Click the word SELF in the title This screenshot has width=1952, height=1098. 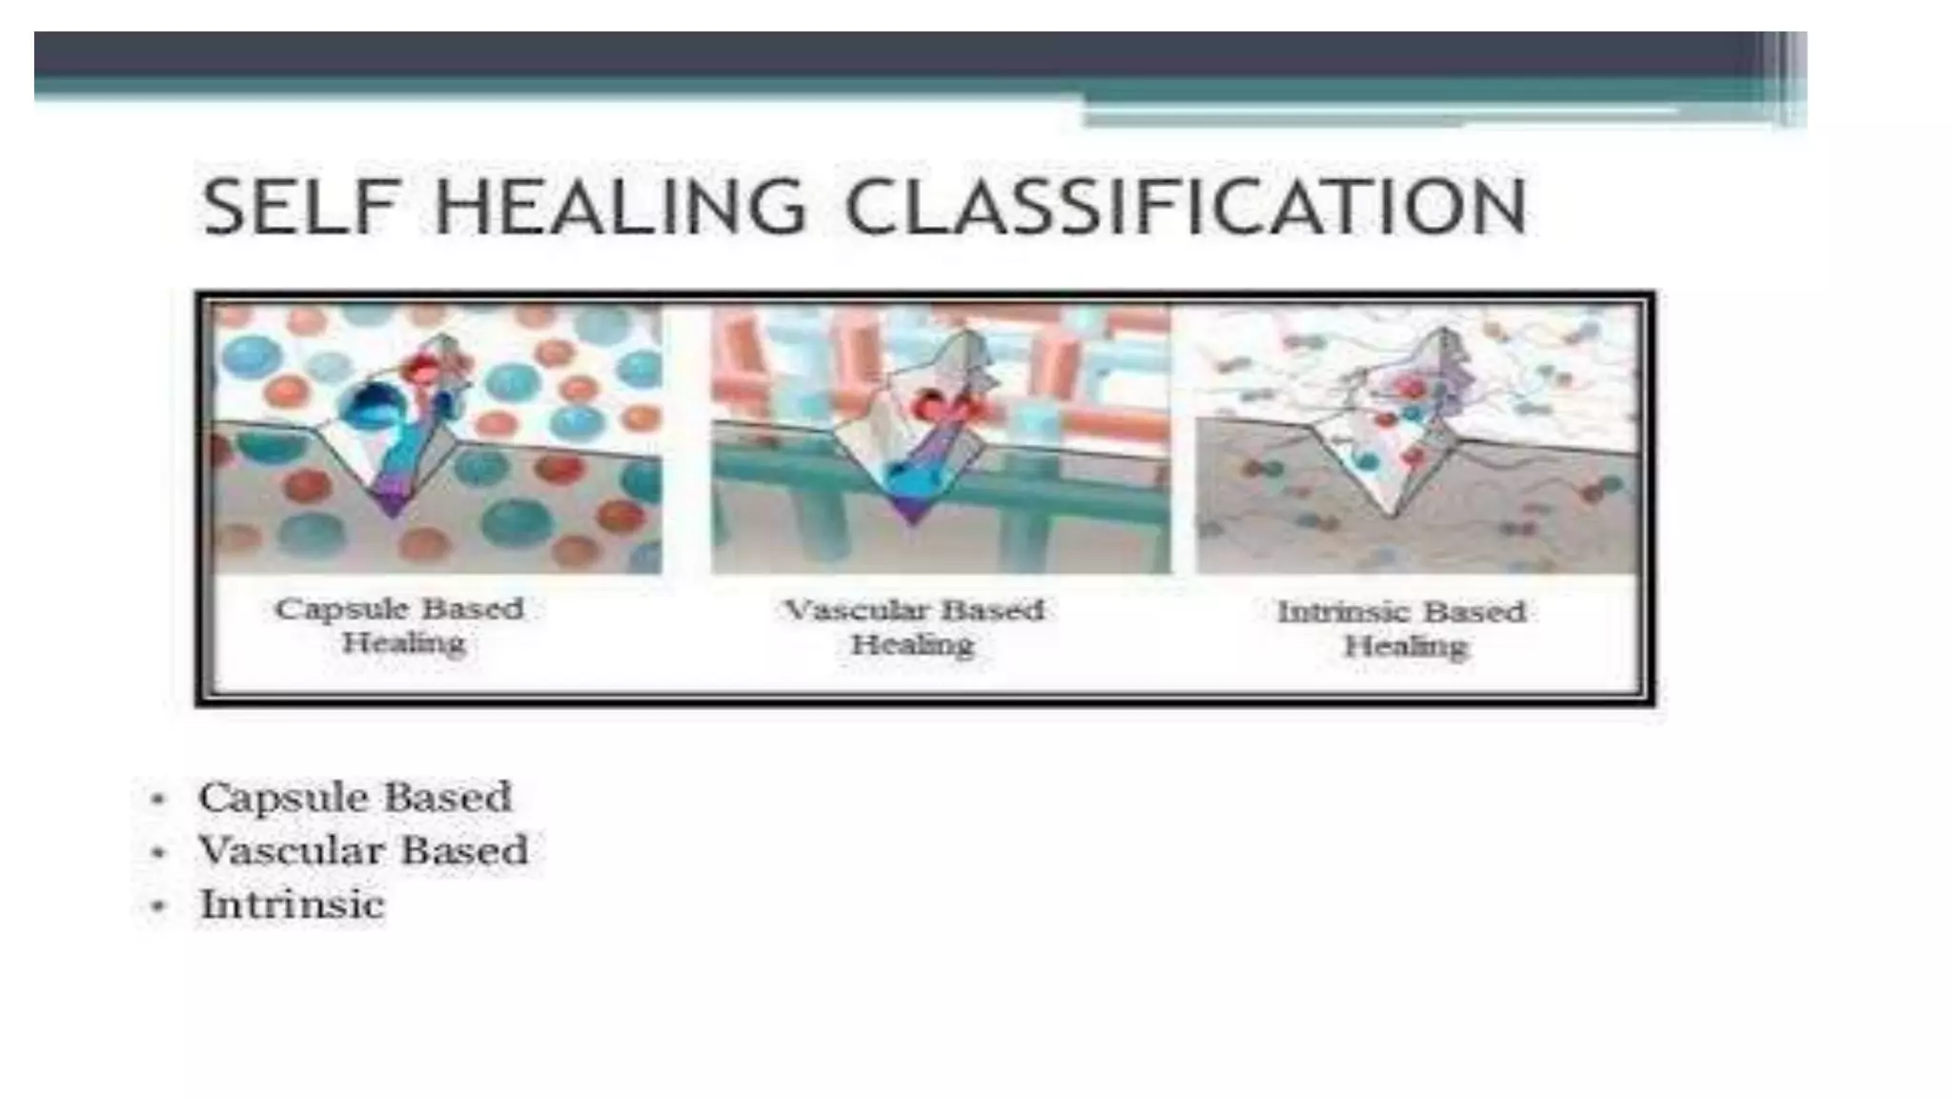pos(297,207)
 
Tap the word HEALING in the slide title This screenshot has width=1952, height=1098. pos(620,207)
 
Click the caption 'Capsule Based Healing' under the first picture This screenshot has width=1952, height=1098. pos(400,625)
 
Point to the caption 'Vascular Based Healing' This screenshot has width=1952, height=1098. pos(913,627)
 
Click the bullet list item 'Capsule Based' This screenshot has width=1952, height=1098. pos(355,798)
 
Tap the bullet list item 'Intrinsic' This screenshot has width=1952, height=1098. pos(292,905)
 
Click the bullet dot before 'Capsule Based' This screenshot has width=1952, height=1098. pos(158,799)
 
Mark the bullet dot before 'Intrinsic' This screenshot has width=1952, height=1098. pos(158,905)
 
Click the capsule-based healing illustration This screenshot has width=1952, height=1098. pos(437,438)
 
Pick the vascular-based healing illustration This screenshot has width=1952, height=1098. pos(940,438)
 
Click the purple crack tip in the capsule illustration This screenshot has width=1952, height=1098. pos(392,500)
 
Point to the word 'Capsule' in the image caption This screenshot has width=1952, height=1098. pos(341,609)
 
